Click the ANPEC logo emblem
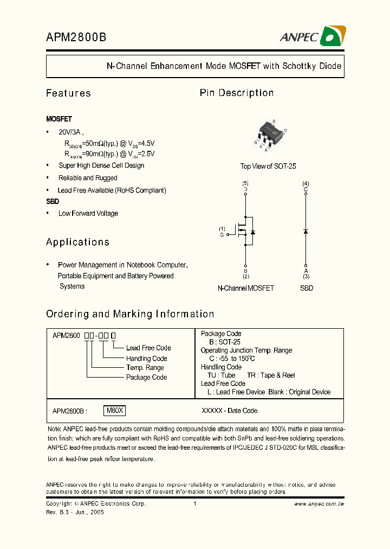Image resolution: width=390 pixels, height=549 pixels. (x=333, y=37)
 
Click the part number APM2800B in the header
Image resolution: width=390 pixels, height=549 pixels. (x=76, y=37)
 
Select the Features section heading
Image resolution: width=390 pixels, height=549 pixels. (x=68, y=93)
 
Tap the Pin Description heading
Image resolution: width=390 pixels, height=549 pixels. (x=237, y=93)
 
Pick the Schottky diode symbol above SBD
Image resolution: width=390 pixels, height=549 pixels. (x=306, y=232)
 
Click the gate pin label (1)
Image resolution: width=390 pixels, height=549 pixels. (x=222, y=228)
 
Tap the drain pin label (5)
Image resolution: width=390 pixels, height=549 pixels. (x=245, y=183)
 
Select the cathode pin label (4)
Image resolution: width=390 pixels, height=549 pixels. (x=306, y=183)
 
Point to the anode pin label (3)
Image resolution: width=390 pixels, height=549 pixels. (x=306, y=276)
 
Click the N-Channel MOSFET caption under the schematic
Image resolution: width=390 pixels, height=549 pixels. (x=245, y=288)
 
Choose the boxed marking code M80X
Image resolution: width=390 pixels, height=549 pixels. (x=115, y=411)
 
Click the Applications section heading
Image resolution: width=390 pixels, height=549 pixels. (x=77, y=242)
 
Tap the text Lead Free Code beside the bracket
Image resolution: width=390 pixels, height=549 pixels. (x=148, y=348)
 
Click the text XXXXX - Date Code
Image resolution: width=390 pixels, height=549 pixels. (x=229, y=411)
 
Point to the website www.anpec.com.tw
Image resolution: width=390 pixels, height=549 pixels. (x=319, y=504)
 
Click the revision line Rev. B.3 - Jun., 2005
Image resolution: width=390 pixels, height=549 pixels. (x=75, y=512)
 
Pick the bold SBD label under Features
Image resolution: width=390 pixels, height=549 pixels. (x=53, y=201)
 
